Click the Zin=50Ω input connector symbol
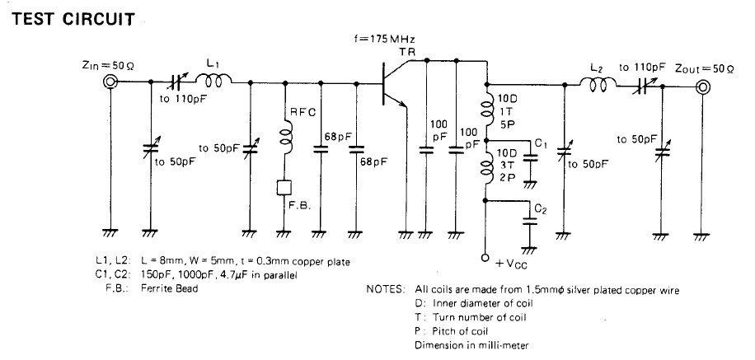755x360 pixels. [109, 82]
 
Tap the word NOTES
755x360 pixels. [385, 290]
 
